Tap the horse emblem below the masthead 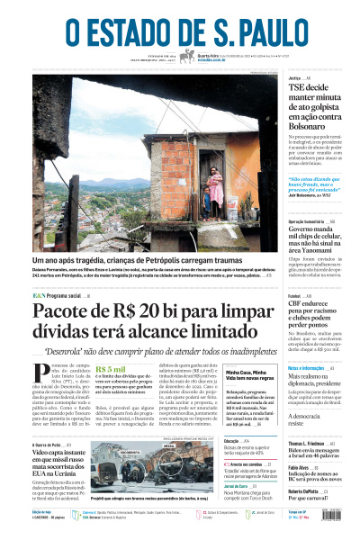[x=187, y=57]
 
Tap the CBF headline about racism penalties [x=317, y=310]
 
